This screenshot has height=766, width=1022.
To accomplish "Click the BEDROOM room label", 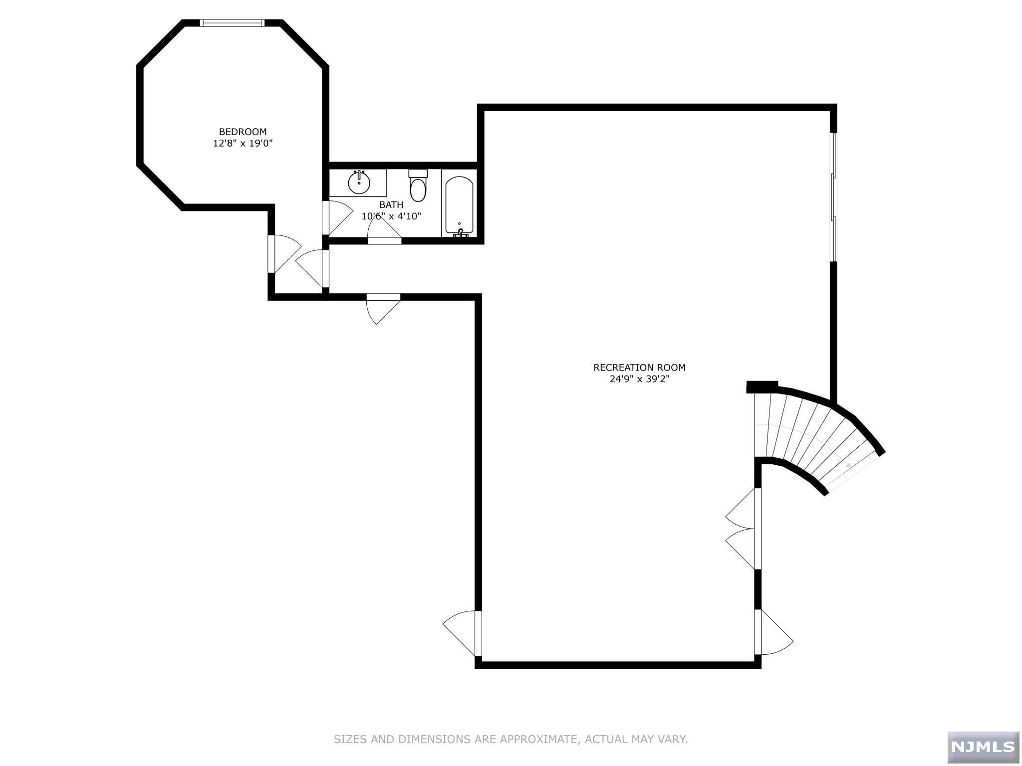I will pos(243,132).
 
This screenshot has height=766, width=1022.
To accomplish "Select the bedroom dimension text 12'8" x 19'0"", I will pos(243,144).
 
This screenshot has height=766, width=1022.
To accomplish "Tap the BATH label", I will pos(391,205).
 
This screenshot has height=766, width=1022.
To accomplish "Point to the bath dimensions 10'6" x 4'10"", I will pos(391,216).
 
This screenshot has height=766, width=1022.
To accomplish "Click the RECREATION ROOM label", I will pos(639,368).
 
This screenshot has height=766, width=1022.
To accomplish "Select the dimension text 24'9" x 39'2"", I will pos(639,379).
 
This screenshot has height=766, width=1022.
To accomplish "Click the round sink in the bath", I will pos(359,183).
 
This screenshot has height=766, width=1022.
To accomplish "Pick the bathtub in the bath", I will pos(459,205).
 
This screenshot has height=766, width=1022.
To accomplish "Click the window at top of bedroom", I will pos(232,22).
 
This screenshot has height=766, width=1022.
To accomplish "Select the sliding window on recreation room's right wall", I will pos(833,197).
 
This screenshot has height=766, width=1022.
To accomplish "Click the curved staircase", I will pos(813,439).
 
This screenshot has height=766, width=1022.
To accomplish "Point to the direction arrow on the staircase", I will pos(847,465).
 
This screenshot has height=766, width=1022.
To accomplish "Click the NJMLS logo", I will pos(983,747).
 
